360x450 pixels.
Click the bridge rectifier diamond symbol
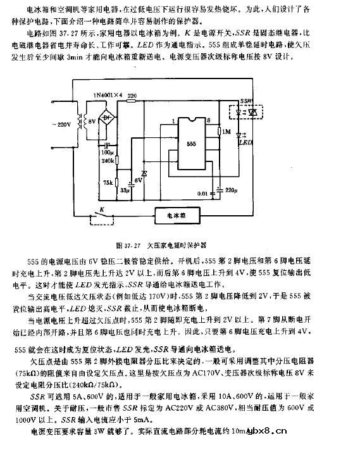(113, 118)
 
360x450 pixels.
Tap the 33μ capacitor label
(125, 190)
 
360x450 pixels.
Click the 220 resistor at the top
(132, 96)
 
